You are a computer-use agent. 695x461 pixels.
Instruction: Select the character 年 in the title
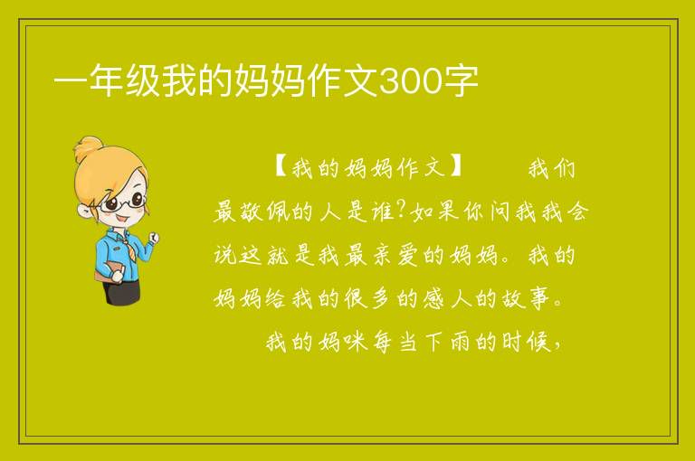point(107,81)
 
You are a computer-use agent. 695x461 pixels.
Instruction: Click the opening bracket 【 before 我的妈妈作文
point(281,166)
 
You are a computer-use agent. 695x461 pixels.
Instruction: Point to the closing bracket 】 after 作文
point(456,166)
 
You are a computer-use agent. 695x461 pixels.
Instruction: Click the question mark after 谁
point(403,210)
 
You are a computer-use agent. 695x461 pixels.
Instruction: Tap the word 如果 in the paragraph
point(434,212)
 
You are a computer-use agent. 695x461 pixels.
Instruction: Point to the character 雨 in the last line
point(460,342)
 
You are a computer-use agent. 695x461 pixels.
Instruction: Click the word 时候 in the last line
point(527,342)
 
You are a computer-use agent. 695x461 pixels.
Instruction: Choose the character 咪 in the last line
point(355,342)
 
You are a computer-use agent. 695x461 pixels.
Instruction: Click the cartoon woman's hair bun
point(89,148)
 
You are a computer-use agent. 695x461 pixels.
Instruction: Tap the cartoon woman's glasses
point(121,202)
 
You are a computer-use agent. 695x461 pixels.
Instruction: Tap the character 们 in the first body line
point(565,168)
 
